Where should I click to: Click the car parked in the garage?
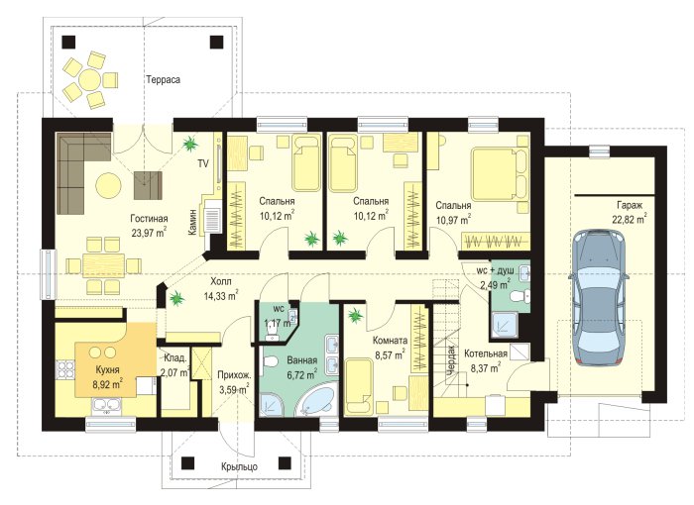pyautogui.click(x=599, y=297)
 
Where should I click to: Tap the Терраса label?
pyautogui.click(x=163, y=79)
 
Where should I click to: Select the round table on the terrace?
pyautogui.click(x=90, y=79)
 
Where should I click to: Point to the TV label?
pyautogui.click(x=203, y=163)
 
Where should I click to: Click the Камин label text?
pyautogui.click(x=192, y=222)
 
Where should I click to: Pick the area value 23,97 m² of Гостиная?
pyautogui.click(x=149, y=232)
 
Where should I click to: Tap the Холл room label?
pyautogui.click(x=221, y=281)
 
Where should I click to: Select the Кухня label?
pyautogui.click(x=107, y=369)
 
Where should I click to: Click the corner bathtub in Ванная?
pyautogui.click(x=316, y=401)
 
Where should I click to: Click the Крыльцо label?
pyautogui.click(x=239, y=466)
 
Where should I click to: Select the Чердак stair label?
pyautogui.click(x=450, y=360)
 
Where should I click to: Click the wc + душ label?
pyautogui.click(x=495, y=270)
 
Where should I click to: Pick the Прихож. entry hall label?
pyautogui.click(x=235, y=375)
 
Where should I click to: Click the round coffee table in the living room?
pyautogui.click(x=108, y=184)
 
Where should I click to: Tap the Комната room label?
pyautogui.click(x=390, y=341)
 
